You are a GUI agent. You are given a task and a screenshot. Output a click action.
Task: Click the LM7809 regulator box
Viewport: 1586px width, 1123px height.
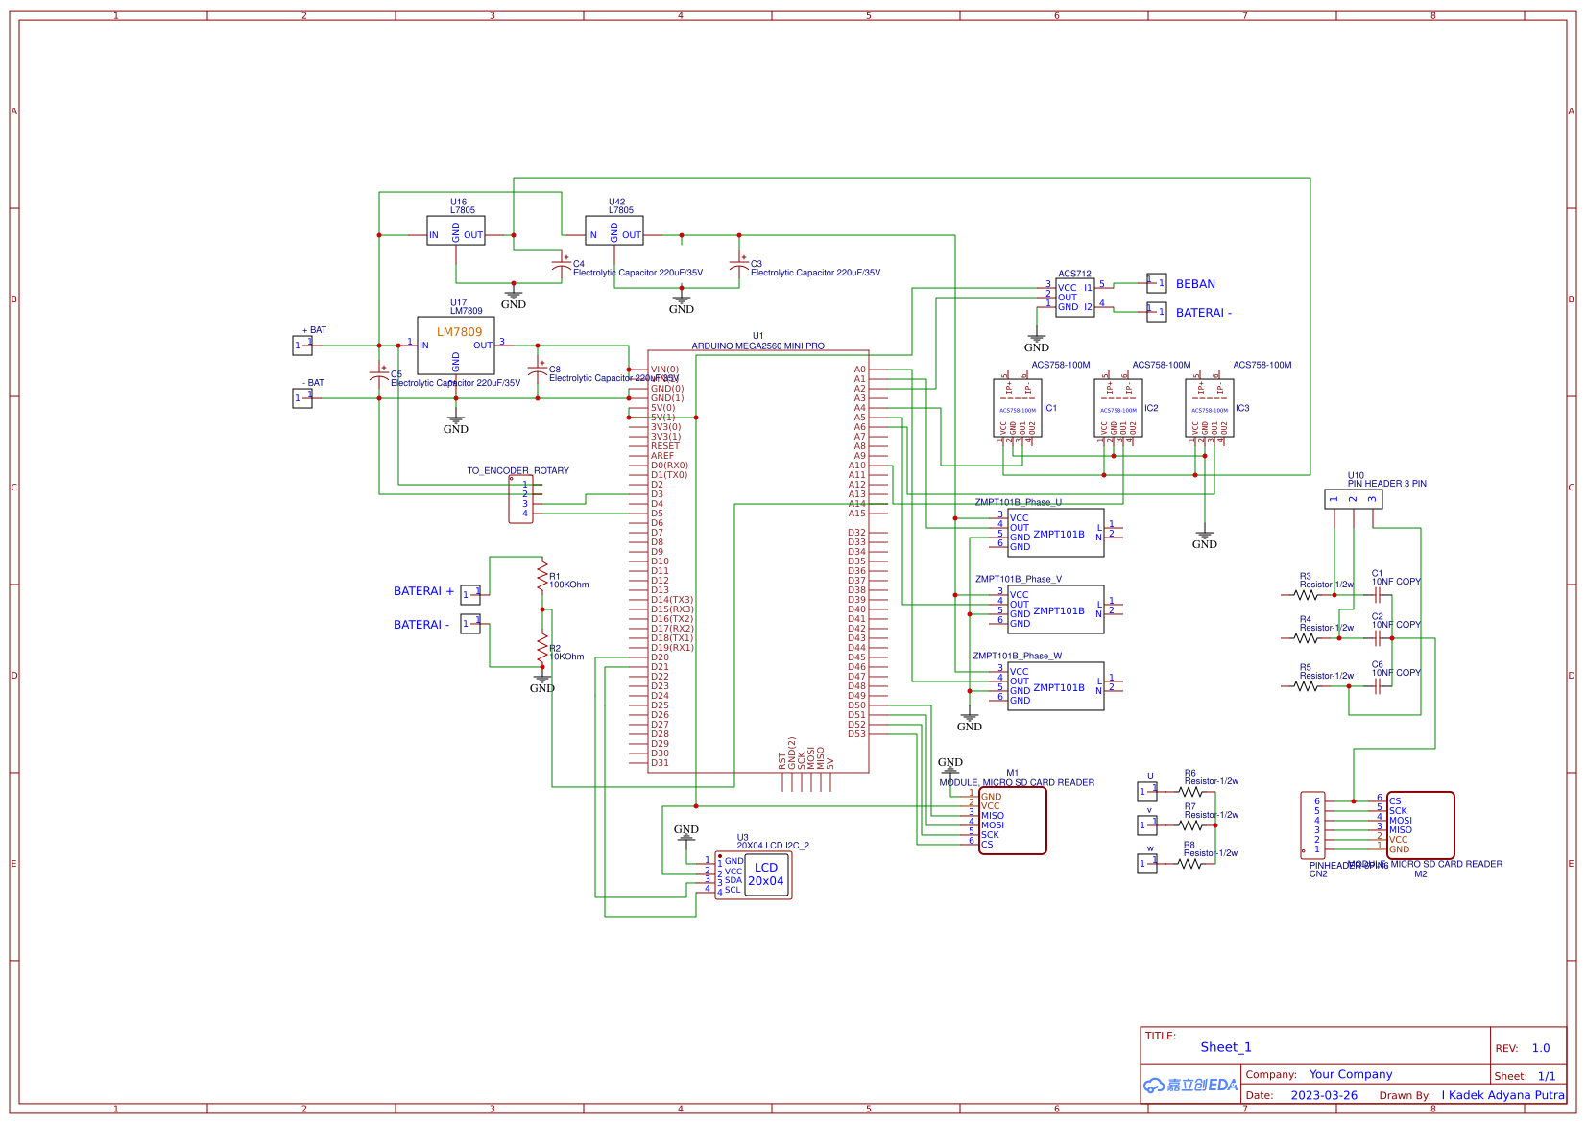point(456,346)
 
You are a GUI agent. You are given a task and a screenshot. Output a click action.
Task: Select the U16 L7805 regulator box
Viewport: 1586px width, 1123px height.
point(456,230)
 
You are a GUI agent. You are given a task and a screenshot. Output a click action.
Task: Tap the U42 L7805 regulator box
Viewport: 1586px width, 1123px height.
point(614,230)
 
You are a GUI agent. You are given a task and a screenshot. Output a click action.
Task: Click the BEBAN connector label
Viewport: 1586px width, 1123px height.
point(1195,284)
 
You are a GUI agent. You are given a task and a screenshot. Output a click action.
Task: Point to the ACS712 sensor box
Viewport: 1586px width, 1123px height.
point(1074,298)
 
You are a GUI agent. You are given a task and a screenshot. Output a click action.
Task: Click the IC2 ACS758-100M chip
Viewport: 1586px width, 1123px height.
point(1118,409)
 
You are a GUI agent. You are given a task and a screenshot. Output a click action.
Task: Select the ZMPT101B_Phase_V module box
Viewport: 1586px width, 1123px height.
point(1055,609)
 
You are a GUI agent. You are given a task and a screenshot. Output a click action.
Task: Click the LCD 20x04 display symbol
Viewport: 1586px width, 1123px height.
point(765,874)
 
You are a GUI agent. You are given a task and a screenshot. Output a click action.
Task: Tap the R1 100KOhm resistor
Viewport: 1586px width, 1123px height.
point(542,576)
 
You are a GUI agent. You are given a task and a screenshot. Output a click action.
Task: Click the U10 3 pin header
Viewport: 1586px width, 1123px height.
point(1354,499)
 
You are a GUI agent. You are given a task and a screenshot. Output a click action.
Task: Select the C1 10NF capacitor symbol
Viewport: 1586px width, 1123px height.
point(1378,595)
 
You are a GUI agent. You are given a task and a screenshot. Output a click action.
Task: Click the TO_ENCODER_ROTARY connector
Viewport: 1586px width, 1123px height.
point(520,499)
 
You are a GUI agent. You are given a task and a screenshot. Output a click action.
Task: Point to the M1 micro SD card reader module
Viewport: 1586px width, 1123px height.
point(1012,821)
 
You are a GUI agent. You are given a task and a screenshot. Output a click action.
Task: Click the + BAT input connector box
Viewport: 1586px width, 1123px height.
point(302,346)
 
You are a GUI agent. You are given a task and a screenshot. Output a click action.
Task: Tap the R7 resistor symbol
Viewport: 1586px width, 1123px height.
point(1190,825)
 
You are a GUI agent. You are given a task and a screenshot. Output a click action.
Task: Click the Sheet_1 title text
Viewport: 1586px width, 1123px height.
point(1226,1047)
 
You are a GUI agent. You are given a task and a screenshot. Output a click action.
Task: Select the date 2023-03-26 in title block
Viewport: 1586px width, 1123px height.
point(1324,1095)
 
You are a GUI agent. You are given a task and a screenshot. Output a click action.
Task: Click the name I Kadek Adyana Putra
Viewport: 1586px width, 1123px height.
point(1502,1095)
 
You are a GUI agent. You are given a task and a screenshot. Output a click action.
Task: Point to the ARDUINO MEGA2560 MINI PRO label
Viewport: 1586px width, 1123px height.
point(757,346)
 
